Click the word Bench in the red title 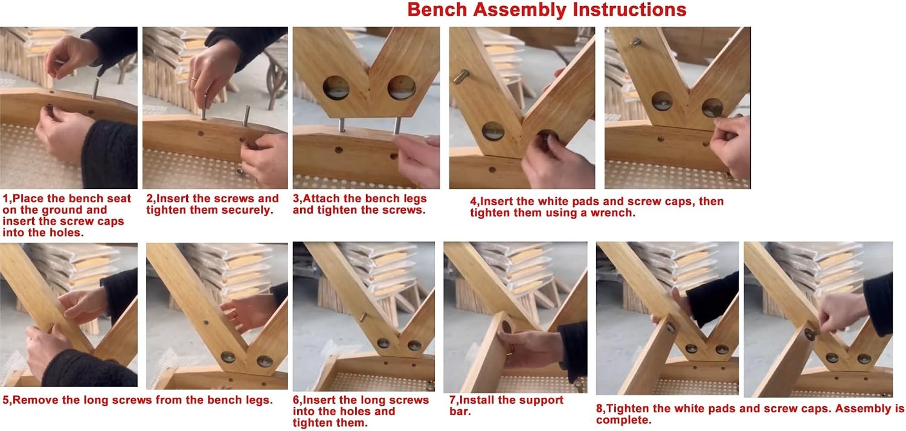[x=437, y=10]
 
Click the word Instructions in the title [x=630, y=10]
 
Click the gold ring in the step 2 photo [x=194, y=79]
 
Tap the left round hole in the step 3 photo [x=336, y=88]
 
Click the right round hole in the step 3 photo [x=402, y=88]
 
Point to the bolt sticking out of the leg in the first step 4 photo [x=461, y=77]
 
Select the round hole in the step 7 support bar [x=506, y=326]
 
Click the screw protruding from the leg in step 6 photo [x=363, y=317]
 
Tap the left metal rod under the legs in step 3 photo [x=342, y=125]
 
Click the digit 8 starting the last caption [x=599, y=409]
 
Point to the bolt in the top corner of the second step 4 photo [x=635, y=42]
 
